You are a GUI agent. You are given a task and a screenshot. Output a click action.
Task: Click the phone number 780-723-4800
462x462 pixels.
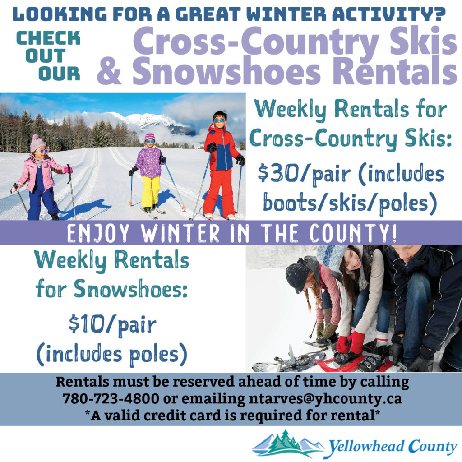tap(111, 398)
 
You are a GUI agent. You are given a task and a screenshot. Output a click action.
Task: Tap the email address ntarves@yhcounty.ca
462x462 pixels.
tap(325, 399)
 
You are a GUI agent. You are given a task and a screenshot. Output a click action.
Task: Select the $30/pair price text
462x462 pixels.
tap(304, 175)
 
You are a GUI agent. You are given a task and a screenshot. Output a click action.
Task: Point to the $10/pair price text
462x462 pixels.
tap(112, 325)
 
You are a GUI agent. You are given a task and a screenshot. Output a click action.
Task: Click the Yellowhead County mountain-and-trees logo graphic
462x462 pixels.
tap(287, 444)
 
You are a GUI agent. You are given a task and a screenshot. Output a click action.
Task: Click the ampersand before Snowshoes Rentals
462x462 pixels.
tap(109, 71)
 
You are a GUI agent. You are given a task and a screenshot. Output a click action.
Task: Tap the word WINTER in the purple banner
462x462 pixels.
tap(180, 233)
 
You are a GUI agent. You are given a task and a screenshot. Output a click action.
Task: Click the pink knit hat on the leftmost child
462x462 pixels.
tap(38, 143)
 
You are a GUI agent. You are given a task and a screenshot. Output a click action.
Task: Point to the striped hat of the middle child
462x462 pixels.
tap(150, 136)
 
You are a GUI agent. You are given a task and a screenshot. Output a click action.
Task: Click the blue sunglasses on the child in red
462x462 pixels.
tap(219, 120)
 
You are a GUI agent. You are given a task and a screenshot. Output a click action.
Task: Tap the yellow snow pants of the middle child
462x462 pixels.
tap(151, 192)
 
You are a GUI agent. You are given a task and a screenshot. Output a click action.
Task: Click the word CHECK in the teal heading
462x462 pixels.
tap(48, 38)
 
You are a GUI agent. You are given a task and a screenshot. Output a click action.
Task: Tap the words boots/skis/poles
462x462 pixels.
tap(350, 203)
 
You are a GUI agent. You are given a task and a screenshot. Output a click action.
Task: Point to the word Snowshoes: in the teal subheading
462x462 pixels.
tap(131, 289)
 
